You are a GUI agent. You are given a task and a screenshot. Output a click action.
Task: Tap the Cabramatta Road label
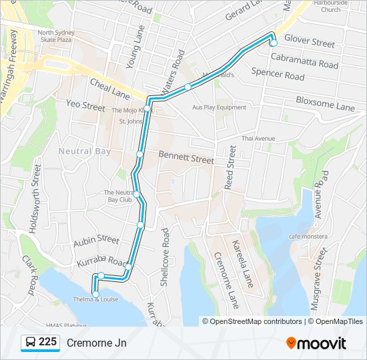304,61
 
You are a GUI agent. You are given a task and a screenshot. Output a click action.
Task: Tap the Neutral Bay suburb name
84,151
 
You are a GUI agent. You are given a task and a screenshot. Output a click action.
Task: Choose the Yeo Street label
85,105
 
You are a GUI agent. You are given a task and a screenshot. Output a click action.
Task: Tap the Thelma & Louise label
96,299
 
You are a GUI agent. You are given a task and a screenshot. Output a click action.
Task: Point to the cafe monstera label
308,237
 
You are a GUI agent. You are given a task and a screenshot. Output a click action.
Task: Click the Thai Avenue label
258,138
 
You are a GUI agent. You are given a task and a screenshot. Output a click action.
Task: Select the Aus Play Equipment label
219,107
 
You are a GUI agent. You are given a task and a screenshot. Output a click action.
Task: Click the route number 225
47,342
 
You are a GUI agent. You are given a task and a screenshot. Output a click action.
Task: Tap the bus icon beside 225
31,343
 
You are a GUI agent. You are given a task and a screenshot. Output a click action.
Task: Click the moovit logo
316,343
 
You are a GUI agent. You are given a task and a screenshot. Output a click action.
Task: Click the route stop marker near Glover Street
273,43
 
